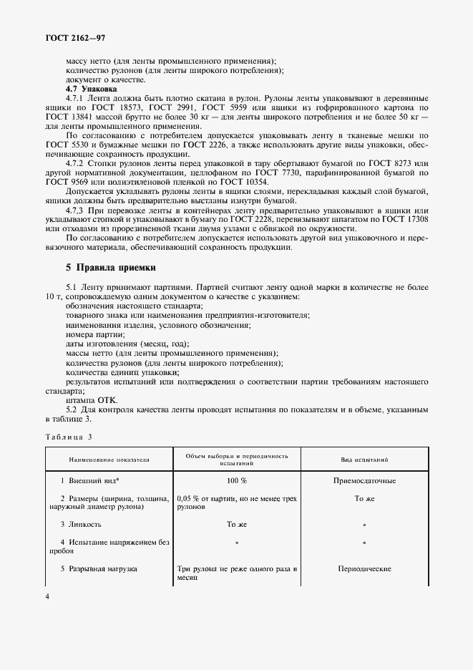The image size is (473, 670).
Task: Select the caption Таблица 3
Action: point(69,436)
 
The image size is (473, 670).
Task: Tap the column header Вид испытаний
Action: point(364,460)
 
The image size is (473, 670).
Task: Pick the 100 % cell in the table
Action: point(236,481)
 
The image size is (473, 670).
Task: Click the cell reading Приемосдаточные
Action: point(364,481)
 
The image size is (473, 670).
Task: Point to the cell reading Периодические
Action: point(364,568)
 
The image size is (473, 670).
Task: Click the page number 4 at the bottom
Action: point(47,596)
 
